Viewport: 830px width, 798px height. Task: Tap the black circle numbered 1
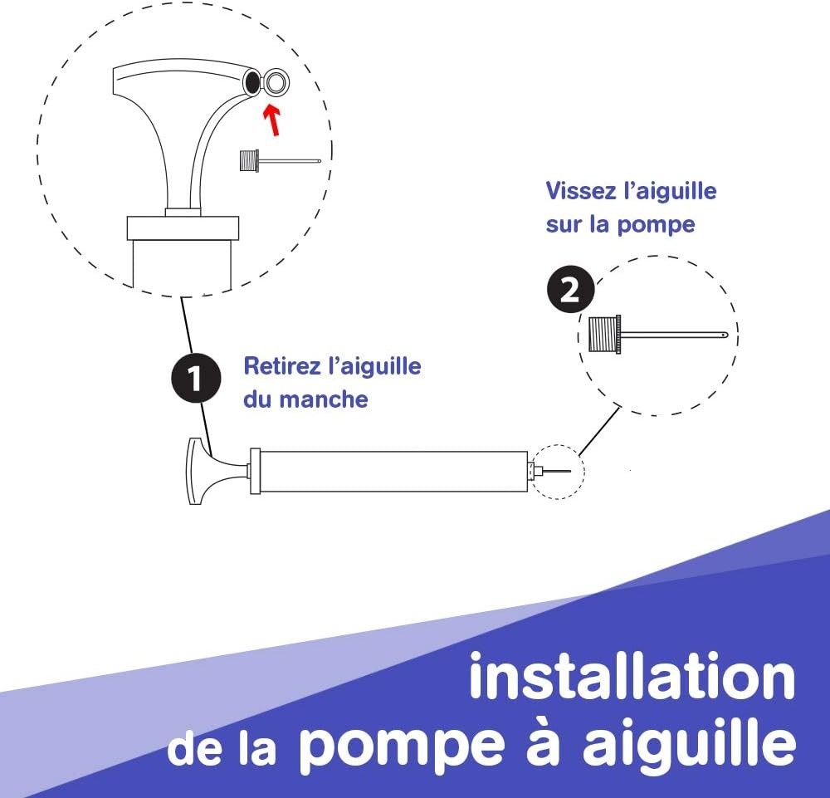pos(196,378)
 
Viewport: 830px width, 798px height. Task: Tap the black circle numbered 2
pos(570,289)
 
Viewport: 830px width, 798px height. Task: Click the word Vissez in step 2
pos(579,191)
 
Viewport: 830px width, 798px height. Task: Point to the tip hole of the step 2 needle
pos(725,335)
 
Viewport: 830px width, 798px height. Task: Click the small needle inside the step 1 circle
pos(280,160)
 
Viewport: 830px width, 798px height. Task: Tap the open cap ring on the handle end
pos(276,82)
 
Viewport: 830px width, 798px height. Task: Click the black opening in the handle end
pos(252,81)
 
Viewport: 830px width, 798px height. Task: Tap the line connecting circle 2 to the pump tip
pos(599,430)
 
